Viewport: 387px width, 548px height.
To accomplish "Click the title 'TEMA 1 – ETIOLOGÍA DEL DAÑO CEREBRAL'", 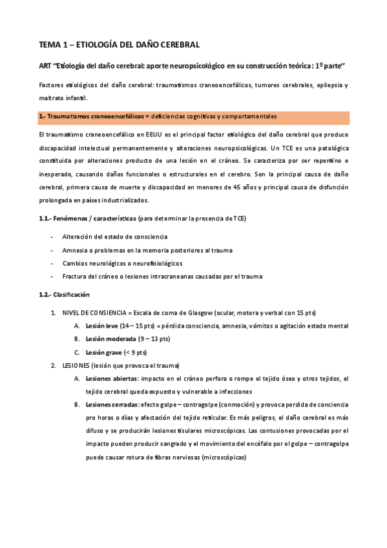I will (x=120, y=45).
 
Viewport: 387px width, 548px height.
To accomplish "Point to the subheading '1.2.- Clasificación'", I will (x=63, y=295).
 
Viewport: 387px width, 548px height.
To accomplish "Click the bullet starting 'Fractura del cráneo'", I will (x=162, y=277).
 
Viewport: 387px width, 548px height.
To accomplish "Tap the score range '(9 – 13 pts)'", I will (x=154, y=339).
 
